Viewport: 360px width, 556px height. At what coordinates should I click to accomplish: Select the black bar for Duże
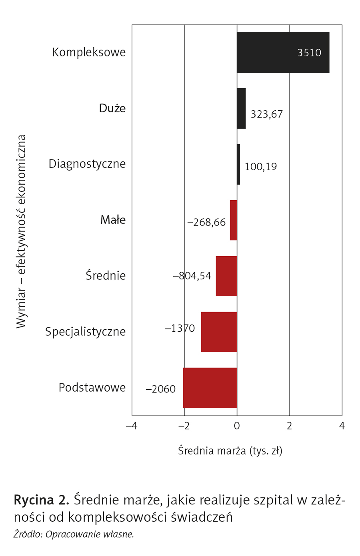241,108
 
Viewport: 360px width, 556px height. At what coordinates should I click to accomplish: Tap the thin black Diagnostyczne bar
238,164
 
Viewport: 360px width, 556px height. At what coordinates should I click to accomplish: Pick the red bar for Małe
234,220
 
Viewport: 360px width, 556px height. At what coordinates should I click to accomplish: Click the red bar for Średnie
226,276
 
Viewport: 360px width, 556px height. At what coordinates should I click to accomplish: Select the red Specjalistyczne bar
219,332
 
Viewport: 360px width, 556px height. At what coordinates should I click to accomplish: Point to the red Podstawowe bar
210,388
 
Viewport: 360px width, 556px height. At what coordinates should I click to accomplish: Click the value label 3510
309,53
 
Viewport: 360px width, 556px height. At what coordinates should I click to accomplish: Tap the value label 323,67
266,114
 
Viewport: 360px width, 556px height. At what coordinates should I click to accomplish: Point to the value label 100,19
261,167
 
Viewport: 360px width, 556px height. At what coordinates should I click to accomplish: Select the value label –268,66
206,222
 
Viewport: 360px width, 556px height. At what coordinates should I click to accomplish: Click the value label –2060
160,389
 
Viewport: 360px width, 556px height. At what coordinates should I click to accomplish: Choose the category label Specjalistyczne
85,332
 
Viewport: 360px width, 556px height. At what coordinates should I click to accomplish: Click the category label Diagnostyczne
87,164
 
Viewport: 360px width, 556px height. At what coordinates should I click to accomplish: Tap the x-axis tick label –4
132,426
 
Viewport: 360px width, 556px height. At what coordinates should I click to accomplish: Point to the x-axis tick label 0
237,426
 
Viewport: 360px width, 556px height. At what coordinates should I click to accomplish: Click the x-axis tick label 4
342,426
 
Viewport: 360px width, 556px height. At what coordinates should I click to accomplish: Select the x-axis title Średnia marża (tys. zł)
230,451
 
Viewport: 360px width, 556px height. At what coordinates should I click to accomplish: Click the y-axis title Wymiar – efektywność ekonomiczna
21,231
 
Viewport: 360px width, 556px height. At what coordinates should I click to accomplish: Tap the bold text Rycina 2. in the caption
42,500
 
